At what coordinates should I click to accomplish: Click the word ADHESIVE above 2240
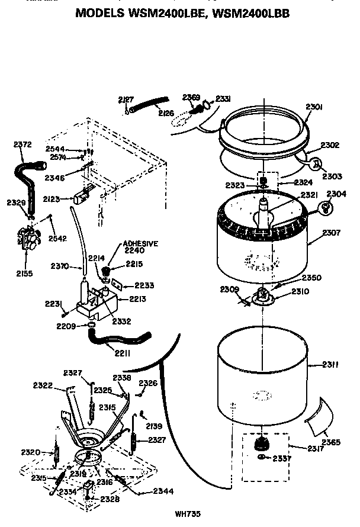point(141,243)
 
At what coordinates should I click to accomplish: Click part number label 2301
point(313,107)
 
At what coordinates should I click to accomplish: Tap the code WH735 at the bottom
point(188,514)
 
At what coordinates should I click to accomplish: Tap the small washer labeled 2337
point(262,457)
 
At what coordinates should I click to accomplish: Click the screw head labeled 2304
point(325,207)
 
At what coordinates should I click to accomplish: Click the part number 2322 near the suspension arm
point(43,385)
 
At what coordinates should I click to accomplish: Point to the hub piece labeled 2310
point(262,297)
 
